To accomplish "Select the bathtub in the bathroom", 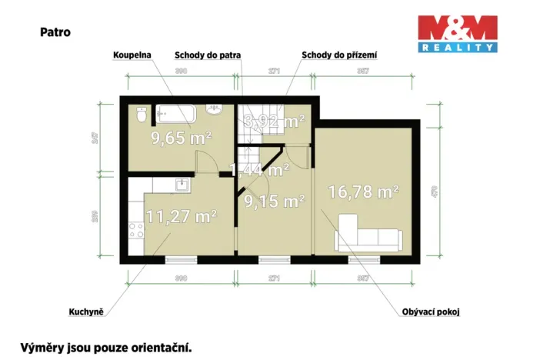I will click(x=176, y=114).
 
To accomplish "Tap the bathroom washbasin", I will click(x=215, y=111).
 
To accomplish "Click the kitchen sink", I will click(x=182, y=185).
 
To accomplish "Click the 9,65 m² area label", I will click(x=181, y=138).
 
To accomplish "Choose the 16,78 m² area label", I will click(x=362, y=192).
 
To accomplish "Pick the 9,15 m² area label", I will click(x=274, y=202).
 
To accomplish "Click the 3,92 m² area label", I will click(x=274, y=121).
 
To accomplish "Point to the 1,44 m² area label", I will click(x=259, y=169).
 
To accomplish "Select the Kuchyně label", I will click(x=86, y=312).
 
